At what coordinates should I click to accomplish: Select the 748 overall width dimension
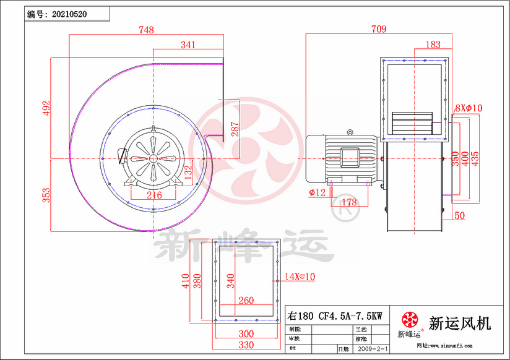[x=146, y=30]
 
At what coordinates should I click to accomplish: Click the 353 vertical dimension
[x=45, y=195]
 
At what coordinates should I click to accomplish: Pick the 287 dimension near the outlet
[x=234, y=129]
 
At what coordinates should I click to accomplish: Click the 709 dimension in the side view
[x=379, y=29]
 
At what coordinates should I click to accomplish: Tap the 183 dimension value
[x=434, y=45]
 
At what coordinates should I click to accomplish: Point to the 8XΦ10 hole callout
[x=469, y=108]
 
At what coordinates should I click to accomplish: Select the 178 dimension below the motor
[x=350, y=203]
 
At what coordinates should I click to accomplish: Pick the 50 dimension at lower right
[x=459, y=215]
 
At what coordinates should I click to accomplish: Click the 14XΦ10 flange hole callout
[x=300, y=277]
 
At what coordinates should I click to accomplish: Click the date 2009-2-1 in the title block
[x=374, y=349]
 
